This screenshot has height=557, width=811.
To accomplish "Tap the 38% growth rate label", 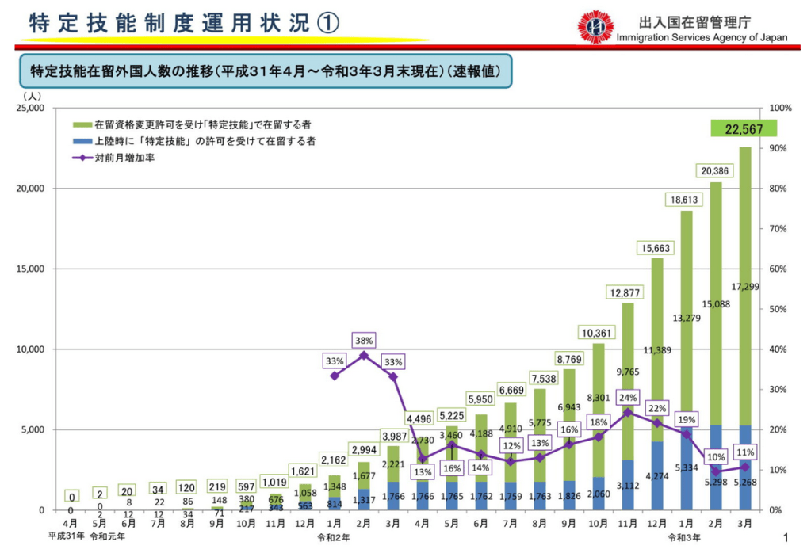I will tap(364, 340).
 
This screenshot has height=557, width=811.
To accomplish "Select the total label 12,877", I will tap(625, 293).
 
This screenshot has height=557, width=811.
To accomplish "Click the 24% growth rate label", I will tap(628, 398).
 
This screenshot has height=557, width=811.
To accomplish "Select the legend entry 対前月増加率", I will tap(124, 158).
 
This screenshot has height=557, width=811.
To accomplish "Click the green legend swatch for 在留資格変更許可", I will tap(81, 125).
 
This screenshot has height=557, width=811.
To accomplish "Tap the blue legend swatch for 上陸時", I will tap(81, 141).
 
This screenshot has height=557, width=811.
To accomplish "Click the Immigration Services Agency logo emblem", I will tap(595, 26).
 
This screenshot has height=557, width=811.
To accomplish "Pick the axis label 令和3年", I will tap(683, 537).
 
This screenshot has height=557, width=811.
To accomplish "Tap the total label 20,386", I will tap(714, 171).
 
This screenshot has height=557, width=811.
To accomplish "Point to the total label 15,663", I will tap(656, 248).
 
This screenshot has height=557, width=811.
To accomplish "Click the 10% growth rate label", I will tap(716, 457).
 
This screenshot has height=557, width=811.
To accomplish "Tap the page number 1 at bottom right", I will tap(786, 539).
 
